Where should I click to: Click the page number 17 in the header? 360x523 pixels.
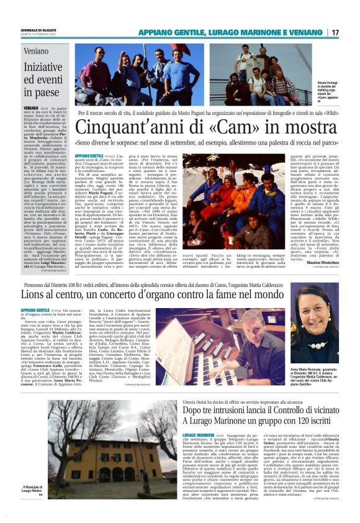352,32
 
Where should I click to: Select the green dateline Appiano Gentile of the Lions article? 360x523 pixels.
36,310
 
